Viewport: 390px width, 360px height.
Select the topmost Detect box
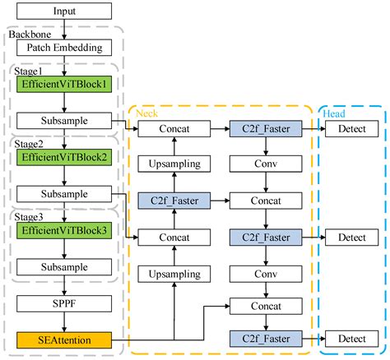pos(351,130)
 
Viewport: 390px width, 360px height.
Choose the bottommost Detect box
pos(351,339)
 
